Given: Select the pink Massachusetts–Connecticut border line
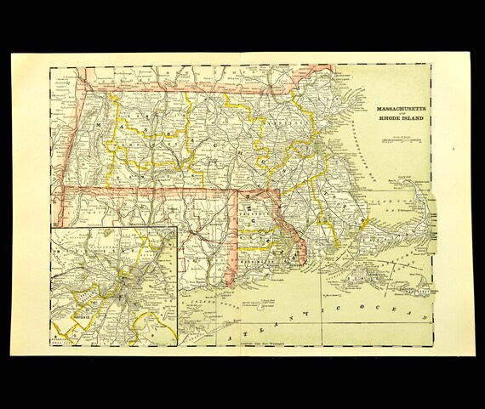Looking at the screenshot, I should (145, 187).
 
